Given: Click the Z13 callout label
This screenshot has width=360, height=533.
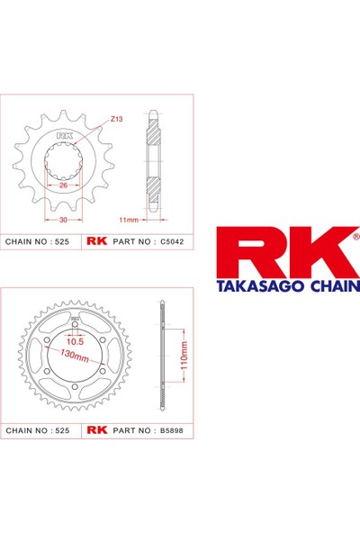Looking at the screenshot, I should pos(117,119).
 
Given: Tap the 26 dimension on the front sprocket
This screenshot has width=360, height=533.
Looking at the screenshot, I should pos(63,185).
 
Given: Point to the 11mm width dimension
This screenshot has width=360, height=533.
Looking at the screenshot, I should pos(130,219).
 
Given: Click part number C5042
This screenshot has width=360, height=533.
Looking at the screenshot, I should pos(171,242).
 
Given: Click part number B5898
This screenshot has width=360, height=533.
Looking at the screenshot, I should pos(171,431).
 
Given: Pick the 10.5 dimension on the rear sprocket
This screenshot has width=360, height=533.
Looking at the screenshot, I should pos(75,341).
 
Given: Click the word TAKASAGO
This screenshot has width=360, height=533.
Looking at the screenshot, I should pos(261,286).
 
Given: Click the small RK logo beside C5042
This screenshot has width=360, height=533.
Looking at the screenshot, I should pos(96,242).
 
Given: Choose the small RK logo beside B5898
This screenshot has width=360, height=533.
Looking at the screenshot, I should pos(96,431).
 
